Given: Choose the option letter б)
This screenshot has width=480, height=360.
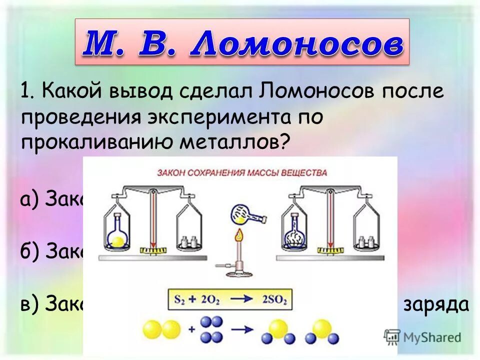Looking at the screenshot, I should pos(30,251).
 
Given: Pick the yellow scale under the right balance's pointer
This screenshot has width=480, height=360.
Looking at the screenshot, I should pos(330,248).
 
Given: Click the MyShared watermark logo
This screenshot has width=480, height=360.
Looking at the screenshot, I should pos(423,336).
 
